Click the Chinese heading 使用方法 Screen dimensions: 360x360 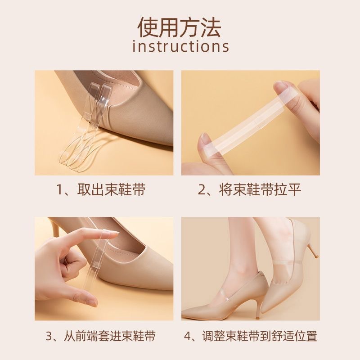click(180, 27)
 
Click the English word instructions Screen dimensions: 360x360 click(181, 47)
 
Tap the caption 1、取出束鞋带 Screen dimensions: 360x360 click(100, 189)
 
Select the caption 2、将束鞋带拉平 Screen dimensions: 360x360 click(249, 189)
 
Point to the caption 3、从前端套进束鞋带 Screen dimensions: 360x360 click(100, 336)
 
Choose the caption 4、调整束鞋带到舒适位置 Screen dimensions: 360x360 click(251, 336)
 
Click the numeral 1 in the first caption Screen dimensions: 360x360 click(59, 190)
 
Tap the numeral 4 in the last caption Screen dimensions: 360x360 click(188, 336)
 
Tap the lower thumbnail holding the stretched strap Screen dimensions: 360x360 click(204, 141)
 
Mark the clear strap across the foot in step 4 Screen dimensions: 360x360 click(285, 262)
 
